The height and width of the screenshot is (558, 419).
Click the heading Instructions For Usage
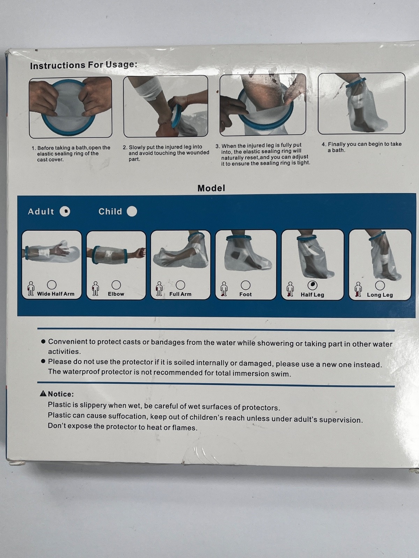click(83, 65)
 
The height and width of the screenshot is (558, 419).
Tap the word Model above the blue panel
click(211, 188)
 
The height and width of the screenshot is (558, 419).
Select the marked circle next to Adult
click(65, 211)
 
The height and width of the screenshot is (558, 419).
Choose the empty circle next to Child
click(132, 211)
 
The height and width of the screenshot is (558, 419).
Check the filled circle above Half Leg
click(313, 285)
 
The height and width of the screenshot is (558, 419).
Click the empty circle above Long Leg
click(380, 286)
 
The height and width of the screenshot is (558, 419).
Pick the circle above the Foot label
click(245, 285)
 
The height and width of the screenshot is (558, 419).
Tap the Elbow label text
click(116, 294)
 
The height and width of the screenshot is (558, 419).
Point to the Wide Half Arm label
click(56, 294)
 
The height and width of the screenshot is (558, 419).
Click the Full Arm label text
click(181, 294)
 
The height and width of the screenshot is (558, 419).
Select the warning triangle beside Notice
click(43, 393)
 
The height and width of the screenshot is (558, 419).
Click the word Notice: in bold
click(61, 394)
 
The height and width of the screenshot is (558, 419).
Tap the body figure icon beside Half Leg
click(290, 289)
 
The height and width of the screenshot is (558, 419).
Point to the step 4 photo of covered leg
click(361, 103)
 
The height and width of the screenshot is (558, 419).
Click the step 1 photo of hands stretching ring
click(71, 107)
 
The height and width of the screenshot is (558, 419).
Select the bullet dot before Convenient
click(43, 341)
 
